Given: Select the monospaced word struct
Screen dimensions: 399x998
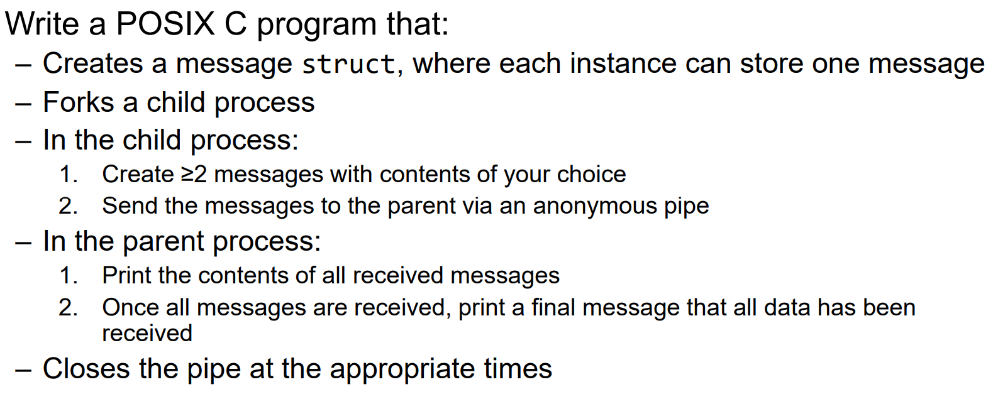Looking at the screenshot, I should point(348,64).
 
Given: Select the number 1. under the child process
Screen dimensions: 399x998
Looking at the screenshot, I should point(69,175).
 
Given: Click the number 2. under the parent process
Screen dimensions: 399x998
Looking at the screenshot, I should point(69,308).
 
